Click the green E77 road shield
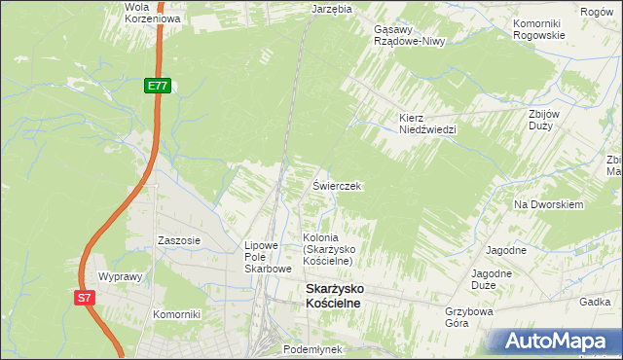pos(158,87)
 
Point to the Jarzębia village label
pos(330,8)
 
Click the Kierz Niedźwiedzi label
pos(427,124)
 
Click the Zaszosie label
pos(179,240)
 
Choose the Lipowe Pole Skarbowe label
pos(268,257)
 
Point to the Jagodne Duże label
pos(492,280)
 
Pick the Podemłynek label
pos(311,347)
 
